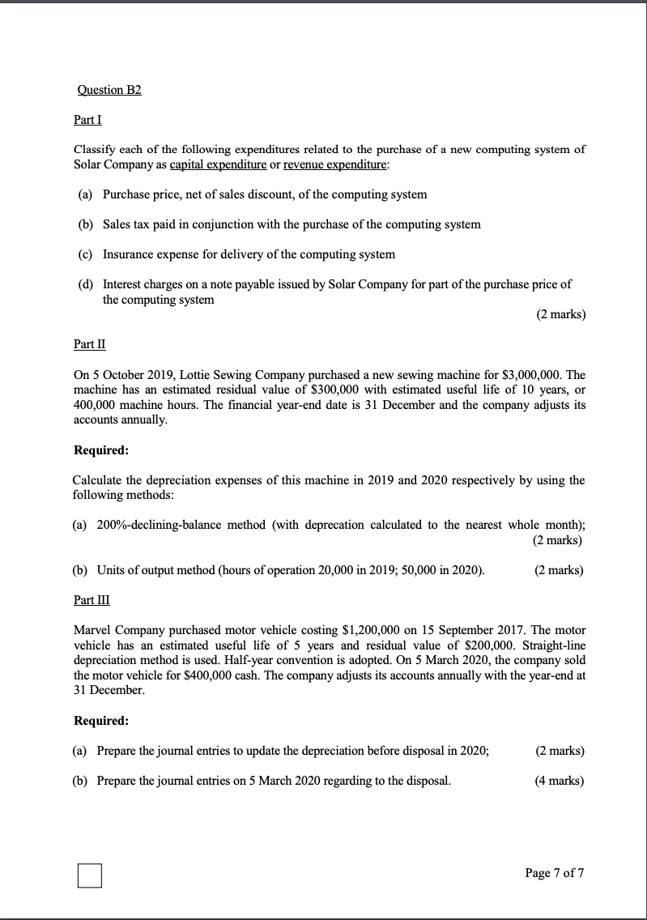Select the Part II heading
tap(89, 344)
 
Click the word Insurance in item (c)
tap(127, 254)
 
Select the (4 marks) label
tap(560, 781)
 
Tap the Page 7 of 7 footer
tap(554, 873)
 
